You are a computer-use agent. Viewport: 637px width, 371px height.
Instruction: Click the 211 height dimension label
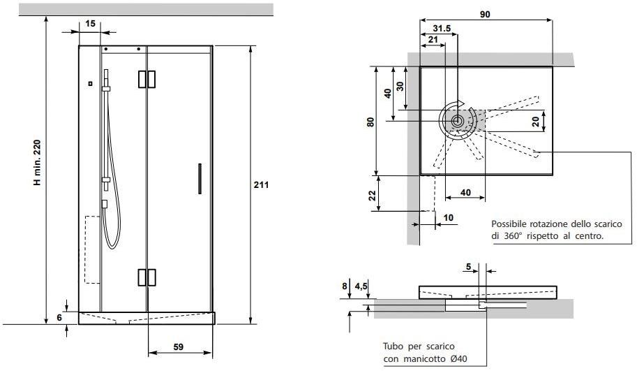tap(261, 185)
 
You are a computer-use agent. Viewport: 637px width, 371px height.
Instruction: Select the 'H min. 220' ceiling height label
tap(38, 163)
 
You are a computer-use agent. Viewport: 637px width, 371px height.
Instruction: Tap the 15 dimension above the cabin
tap(90, 24)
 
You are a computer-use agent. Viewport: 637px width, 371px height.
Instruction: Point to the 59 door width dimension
tap(179, 347)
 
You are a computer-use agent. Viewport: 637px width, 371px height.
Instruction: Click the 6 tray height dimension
tap(59, 317)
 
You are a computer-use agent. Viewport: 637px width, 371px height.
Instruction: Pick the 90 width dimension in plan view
tap(485, 15)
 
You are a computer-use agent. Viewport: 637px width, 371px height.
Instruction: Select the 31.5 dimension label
tap(442, 29)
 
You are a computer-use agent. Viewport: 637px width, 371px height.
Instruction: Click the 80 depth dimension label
tap(370, 122)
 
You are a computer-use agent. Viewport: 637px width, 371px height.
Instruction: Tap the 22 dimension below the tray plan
tap(372, 196)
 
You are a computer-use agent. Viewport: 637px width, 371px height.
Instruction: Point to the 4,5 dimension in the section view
tap(361, 286)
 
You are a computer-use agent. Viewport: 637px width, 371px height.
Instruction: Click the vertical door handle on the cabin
tap(200, 179)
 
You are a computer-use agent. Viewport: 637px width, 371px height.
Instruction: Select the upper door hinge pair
tap(147, 80)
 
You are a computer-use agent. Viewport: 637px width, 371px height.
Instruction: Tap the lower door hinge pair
tap(147, 277)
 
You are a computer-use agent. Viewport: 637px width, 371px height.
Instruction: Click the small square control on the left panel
tap(90, 83)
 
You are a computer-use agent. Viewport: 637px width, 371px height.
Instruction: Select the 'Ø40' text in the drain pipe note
tap(458, 359)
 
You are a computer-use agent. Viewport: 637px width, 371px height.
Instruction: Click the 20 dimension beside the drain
tap(535, 122)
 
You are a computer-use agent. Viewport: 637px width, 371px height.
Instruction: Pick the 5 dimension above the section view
tap(468, 267)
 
